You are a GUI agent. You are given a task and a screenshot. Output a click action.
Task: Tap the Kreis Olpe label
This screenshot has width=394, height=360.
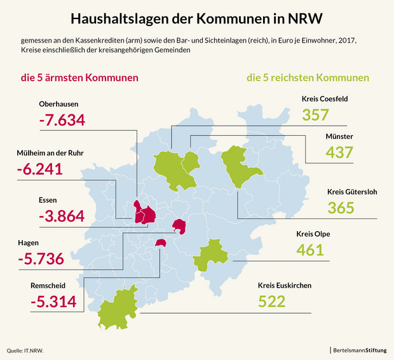tap(313, 234)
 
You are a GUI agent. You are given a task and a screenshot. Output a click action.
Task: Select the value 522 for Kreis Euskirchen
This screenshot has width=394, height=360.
tap(272, 302)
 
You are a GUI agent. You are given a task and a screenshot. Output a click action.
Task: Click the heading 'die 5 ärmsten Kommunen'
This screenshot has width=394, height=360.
tap(80, 79)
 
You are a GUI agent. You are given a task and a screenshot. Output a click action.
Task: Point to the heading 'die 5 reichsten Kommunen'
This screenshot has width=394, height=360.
tap(308, 79)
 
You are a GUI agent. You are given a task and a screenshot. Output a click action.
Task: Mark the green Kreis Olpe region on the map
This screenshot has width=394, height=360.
tap(207, 257)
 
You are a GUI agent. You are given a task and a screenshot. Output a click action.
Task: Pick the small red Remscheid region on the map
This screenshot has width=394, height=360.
tap(161, 243)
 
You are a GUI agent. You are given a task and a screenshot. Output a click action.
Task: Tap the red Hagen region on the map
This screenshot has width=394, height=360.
tap(180, 226)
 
